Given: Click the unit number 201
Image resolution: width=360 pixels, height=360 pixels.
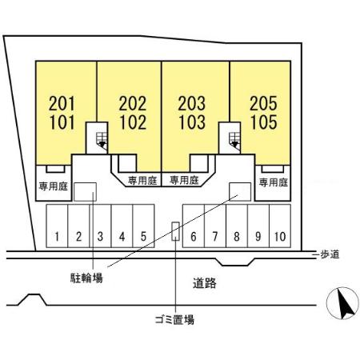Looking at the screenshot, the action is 62,103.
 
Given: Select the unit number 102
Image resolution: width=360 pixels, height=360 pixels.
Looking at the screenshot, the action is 133,122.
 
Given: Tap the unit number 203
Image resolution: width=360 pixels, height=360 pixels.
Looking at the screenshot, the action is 192,103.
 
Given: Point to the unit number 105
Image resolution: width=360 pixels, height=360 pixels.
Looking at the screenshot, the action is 264,122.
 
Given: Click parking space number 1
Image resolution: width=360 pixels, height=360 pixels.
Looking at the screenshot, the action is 57,236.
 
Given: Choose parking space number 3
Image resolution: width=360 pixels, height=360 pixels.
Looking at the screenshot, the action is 100,236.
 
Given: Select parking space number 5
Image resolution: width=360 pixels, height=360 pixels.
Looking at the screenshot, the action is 143,236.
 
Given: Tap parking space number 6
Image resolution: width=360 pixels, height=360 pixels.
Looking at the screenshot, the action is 194,236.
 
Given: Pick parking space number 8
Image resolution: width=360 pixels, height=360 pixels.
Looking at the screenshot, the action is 237,236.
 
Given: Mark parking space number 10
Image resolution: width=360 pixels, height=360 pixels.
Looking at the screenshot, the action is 280,236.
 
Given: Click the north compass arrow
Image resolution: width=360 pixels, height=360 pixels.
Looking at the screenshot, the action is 345,304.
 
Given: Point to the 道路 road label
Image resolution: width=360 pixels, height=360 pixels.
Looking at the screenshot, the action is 205,283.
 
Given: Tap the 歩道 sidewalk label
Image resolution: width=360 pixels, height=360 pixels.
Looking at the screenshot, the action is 330,254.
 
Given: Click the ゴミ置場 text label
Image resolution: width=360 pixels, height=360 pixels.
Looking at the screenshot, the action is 174,319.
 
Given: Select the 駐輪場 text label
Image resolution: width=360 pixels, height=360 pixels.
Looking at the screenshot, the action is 86,278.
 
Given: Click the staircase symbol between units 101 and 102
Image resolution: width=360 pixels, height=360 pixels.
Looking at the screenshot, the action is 102,141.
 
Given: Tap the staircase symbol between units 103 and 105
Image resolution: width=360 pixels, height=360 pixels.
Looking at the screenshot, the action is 234,141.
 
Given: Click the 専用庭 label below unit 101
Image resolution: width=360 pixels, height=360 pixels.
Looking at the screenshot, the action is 54,186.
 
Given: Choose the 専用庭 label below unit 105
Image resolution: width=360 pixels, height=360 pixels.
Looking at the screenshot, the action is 274,182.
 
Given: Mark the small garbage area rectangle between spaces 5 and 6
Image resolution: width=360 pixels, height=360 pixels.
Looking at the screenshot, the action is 175,231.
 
